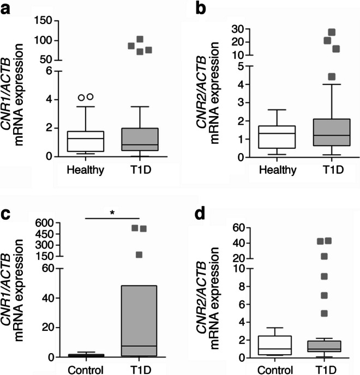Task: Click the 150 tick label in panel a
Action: pos(46,21)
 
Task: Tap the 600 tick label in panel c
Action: pos(46,222)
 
